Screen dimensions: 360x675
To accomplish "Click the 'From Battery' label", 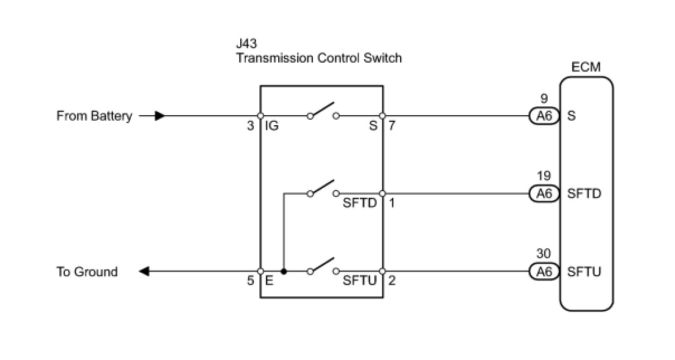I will pyautogui.click(x=94, y=116).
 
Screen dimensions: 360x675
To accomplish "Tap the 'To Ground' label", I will pyautogui.click(x=87, y=272).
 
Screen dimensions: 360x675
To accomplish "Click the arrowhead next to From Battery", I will pyautogui.click(x=160, y=116).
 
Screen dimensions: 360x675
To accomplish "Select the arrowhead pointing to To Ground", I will pyautogui.click(x=144, y=272).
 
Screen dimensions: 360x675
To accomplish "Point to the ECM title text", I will pyautogui.click(x=586, y=68).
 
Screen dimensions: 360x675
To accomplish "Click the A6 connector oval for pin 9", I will pyautogui.click(x=544, y=116).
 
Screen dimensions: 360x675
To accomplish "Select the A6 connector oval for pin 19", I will pyautogui.click(x=544, y=193).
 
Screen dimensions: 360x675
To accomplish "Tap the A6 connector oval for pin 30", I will pyautogui.click(x=544, y=272).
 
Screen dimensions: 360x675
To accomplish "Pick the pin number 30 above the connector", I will pyautogui.click(x=544, y=254).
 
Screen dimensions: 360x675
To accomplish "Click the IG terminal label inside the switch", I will pyautogui.click(x=272, y=126).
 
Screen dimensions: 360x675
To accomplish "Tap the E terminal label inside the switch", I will pyautogui.click(x=269, y=281).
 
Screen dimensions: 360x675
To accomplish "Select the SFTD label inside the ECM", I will pyautogui.click(x=584, y=193).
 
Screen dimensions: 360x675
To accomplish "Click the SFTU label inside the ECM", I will pyautogui.click(x=584, y=272).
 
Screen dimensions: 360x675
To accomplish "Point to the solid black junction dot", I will pyautogui.click(x=284, y=272).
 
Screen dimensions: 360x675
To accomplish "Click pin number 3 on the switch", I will pyautogui.click(x=250, y=126).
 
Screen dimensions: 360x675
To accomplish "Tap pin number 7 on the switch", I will pyautogui.click(x=392, y=126).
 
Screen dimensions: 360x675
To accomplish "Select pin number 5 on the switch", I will pyautogui.click(x=250, y=281).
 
